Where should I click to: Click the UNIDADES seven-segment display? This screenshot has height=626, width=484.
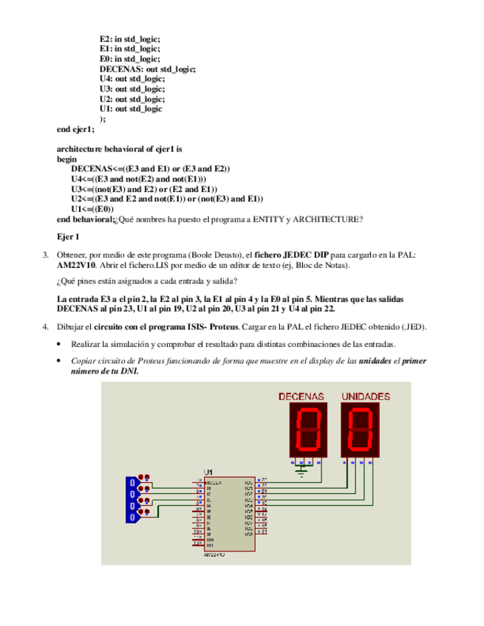coord(361,431)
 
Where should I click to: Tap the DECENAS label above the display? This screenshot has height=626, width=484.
coord(301,396)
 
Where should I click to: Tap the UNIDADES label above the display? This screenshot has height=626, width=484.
coord(365,396)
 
